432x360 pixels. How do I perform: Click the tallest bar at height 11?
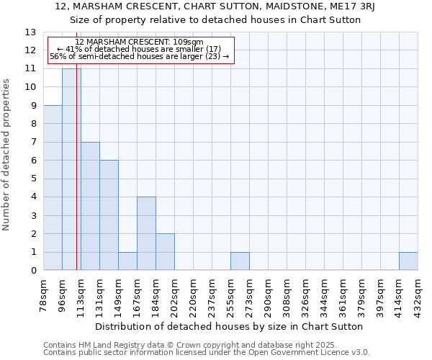click(71, 169)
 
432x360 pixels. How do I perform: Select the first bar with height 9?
click(53, 187)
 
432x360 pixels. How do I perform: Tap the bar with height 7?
click(90, 206)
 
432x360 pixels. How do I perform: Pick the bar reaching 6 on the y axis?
click(109, 215)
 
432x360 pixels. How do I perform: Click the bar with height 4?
click(146, 233)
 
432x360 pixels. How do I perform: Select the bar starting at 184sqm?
click(165, 252)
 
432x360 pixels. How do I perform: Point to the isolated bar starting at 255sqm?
click(240, 261)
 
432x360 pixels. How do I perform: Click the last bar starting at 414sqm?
click(408, 261)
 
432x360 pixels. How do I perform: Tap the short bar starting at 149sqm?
click(127, 261)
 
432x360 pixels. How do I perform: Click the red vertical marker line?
click(76, 180)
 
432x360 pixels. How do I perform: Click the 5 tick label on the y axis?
click(33, 179)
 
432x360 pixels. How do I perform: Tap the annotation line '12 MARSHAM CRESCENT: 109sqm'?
click(139, 42)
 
